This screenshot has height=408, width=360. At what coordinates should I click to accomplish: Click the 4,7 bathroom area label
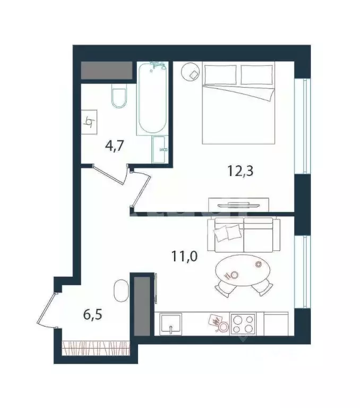[x=114, y=146]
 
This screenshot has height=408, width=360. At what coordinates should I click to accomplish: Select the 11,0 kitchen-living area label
[x=184, y=257]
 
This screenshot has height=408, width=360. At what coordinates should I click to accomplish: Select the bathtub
[x=153, y=99]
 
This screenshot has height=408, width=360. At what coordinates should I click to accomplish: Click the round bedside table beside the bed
[x=191, y=73]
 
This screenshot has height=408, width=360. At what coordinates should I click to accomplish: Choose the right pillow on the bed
[x=257, y=74]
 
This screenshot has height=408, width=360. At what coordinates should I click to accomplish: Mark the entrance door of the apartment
[x=47, y=310]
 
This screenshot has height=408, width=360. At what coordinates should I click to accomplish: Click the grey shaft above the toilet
[x=106, y=70]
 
